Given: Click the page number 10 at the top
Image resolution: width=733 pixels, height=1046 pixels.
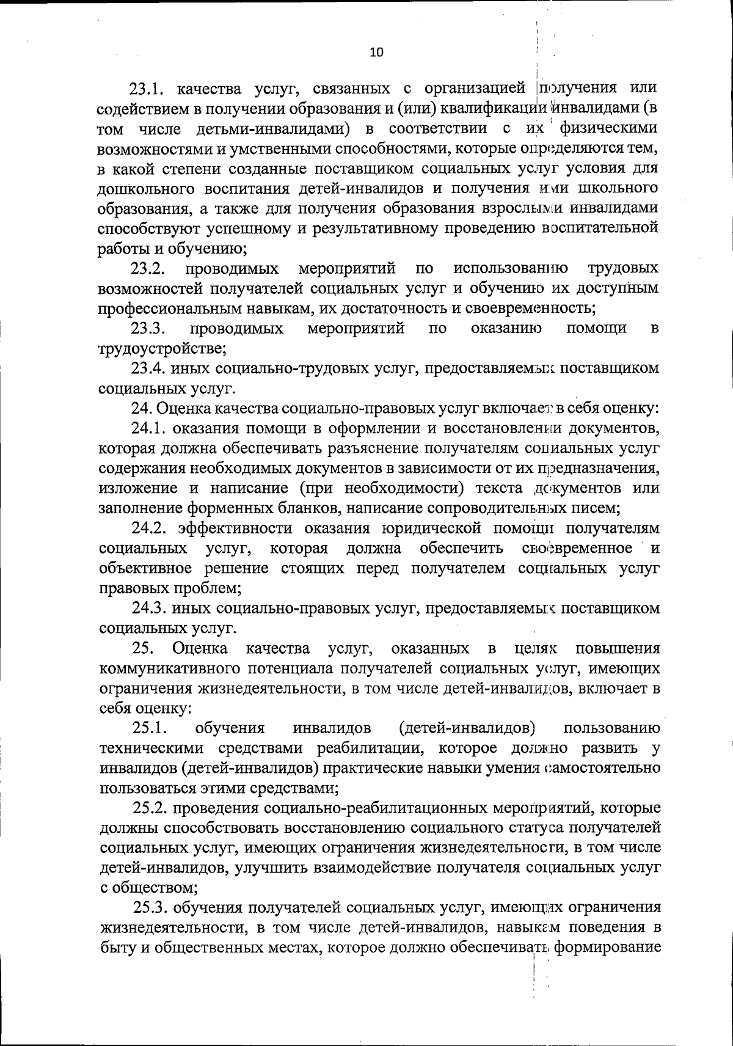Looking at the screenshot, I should point(376,53).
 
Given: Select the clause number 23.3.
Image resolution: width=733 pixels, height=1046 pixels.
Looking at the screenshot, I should point(149,329).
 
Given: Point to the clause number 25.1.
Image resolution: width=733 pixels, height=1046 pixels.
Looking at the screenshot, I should point(150,728).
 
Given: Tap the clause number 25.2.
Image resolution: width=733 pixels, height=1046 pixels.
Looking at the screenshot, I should point(150,809).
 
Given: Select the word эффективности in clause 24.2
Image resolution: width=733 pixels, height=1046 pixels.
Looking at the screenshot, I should point(225,528).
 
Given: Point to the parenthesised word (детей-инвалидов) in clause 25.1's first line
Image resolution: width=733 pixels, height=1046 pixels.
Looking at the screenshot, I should point(467,728).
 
